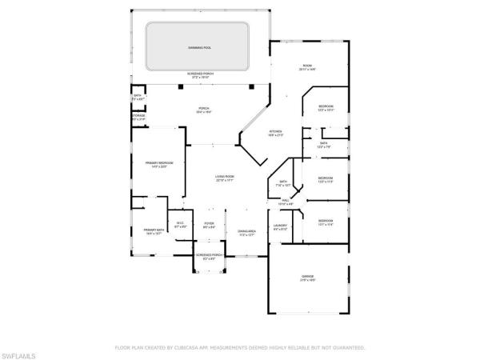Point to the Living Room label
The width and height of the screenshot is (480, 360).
(x=224, y=177)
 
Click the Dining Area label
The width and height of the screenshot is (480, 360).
(x=246, y=233)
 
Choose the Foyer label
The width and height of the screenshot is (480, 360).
(x=209, y=224)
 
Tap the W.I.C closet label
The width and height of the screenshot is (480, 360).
(x=180, y=224)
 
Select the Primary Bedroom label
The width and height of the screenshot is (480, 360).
(x=159, y=163)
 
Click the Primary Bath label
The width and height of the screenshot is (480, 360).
(x=154, y=231)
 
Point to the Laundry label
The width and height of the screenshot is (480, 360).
(x=280, y=226)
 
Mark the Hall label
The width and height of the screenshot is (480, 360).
(x=286, y=201)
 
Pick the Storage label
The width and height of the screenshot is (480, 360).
(x=139, y=117)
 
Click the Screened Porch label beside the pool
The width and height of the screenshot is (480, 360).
(x=200, y=74)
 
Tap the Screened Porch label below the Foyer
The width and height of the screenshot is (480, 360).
(x=208, y=257)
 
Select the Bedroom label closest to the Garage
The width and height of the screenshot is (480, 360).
(x=325, y=221)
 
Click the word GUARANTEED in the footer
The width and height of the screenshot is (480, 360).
(x=348, y=348)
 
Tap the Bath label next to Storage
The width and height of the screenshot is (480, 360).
(x=137, y=95)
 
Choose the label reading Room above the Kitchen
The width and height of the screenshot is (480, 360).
(x=306, y=66)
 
